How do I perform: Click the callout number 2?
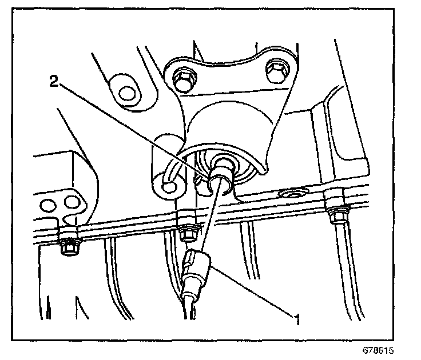pyautogui.click(x=53, y=82)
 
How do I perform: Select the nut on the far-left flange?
pyautogui.click(x=69, y=245)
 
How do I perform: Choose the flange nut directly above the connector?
pyautogui.click(x=186, y=231)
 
